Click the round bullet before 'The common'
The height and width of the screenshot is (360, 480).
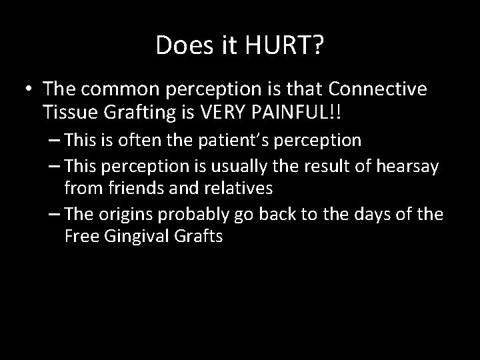point(29,90)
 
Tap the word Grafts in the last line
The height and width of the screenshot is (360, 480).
point(197,235)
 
